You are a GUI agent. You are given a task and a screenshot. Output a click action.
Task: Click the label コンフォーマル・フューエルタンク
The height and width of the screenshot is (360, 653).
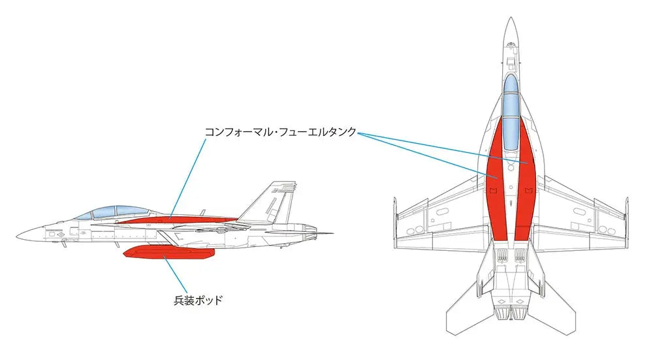[x=281, y=132]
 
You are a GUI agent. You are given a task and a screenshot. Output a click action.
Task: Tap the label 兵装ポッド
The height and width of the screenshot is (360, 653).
[x=199, y=300]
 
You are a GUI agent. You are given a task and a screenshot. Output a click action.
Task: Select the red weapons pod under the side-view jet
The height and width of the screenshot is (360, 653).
[x=169, y=252]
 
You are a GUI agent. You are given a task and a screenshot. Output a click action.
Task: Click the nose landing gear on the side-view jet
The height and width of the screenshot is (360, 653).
[x=63, y=244]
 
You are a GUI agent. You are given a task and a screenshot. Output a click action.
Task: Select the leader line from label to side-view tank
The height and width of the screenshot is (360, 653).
[x=188, y=178]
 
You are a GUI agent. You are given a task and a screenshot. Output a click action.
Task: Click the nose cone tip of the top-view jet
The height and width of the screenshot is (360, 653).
[x=511, y=18]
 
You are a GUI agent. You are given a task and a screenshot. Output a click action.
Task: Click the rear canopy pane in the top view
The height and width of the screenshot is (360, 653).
[x=511, y=133]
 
